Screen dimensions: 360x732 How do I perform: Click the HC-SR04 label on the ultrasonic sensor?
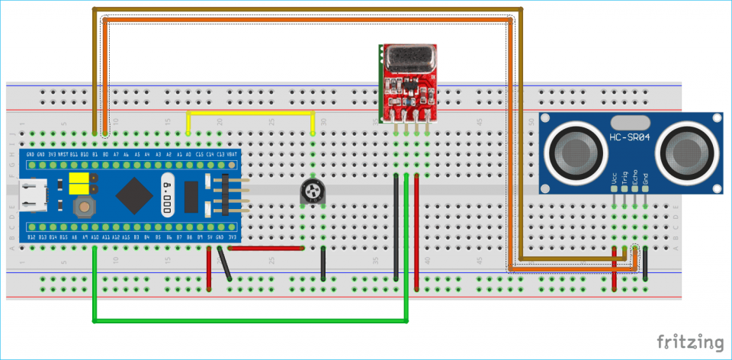click(x=629, y=137)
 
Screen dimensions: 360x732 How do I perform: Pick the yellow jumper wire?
click(x=252, y=114)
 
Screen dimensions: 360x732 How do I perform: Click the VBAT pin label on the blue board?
click(x=232, y=155)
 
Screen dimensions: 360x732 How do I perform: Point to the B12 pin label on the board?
click(x=30, y=238)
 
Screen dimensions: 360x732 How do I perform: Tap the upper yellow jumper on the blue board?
click(x=77, y=178)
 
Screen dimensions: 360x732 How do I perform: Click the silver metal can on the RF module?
click(x=410, y=57)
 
